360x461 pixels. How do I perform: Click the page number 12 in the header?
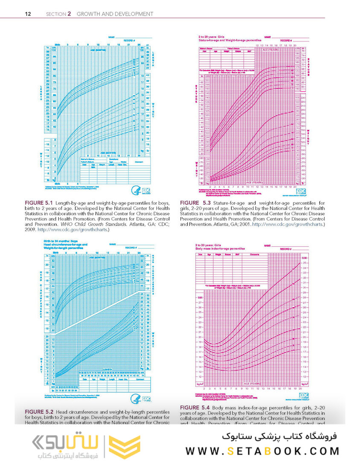[28, 14]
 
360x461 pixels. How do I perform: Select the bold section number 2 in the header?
[70, 14]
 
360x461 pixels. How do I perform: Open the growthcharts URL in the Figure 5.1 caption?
[73, 229]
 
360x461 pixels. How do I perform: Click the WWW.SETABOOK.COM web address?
[263, 451]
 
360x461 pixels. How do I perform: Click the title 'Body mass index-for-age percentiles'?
[220, 248]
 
